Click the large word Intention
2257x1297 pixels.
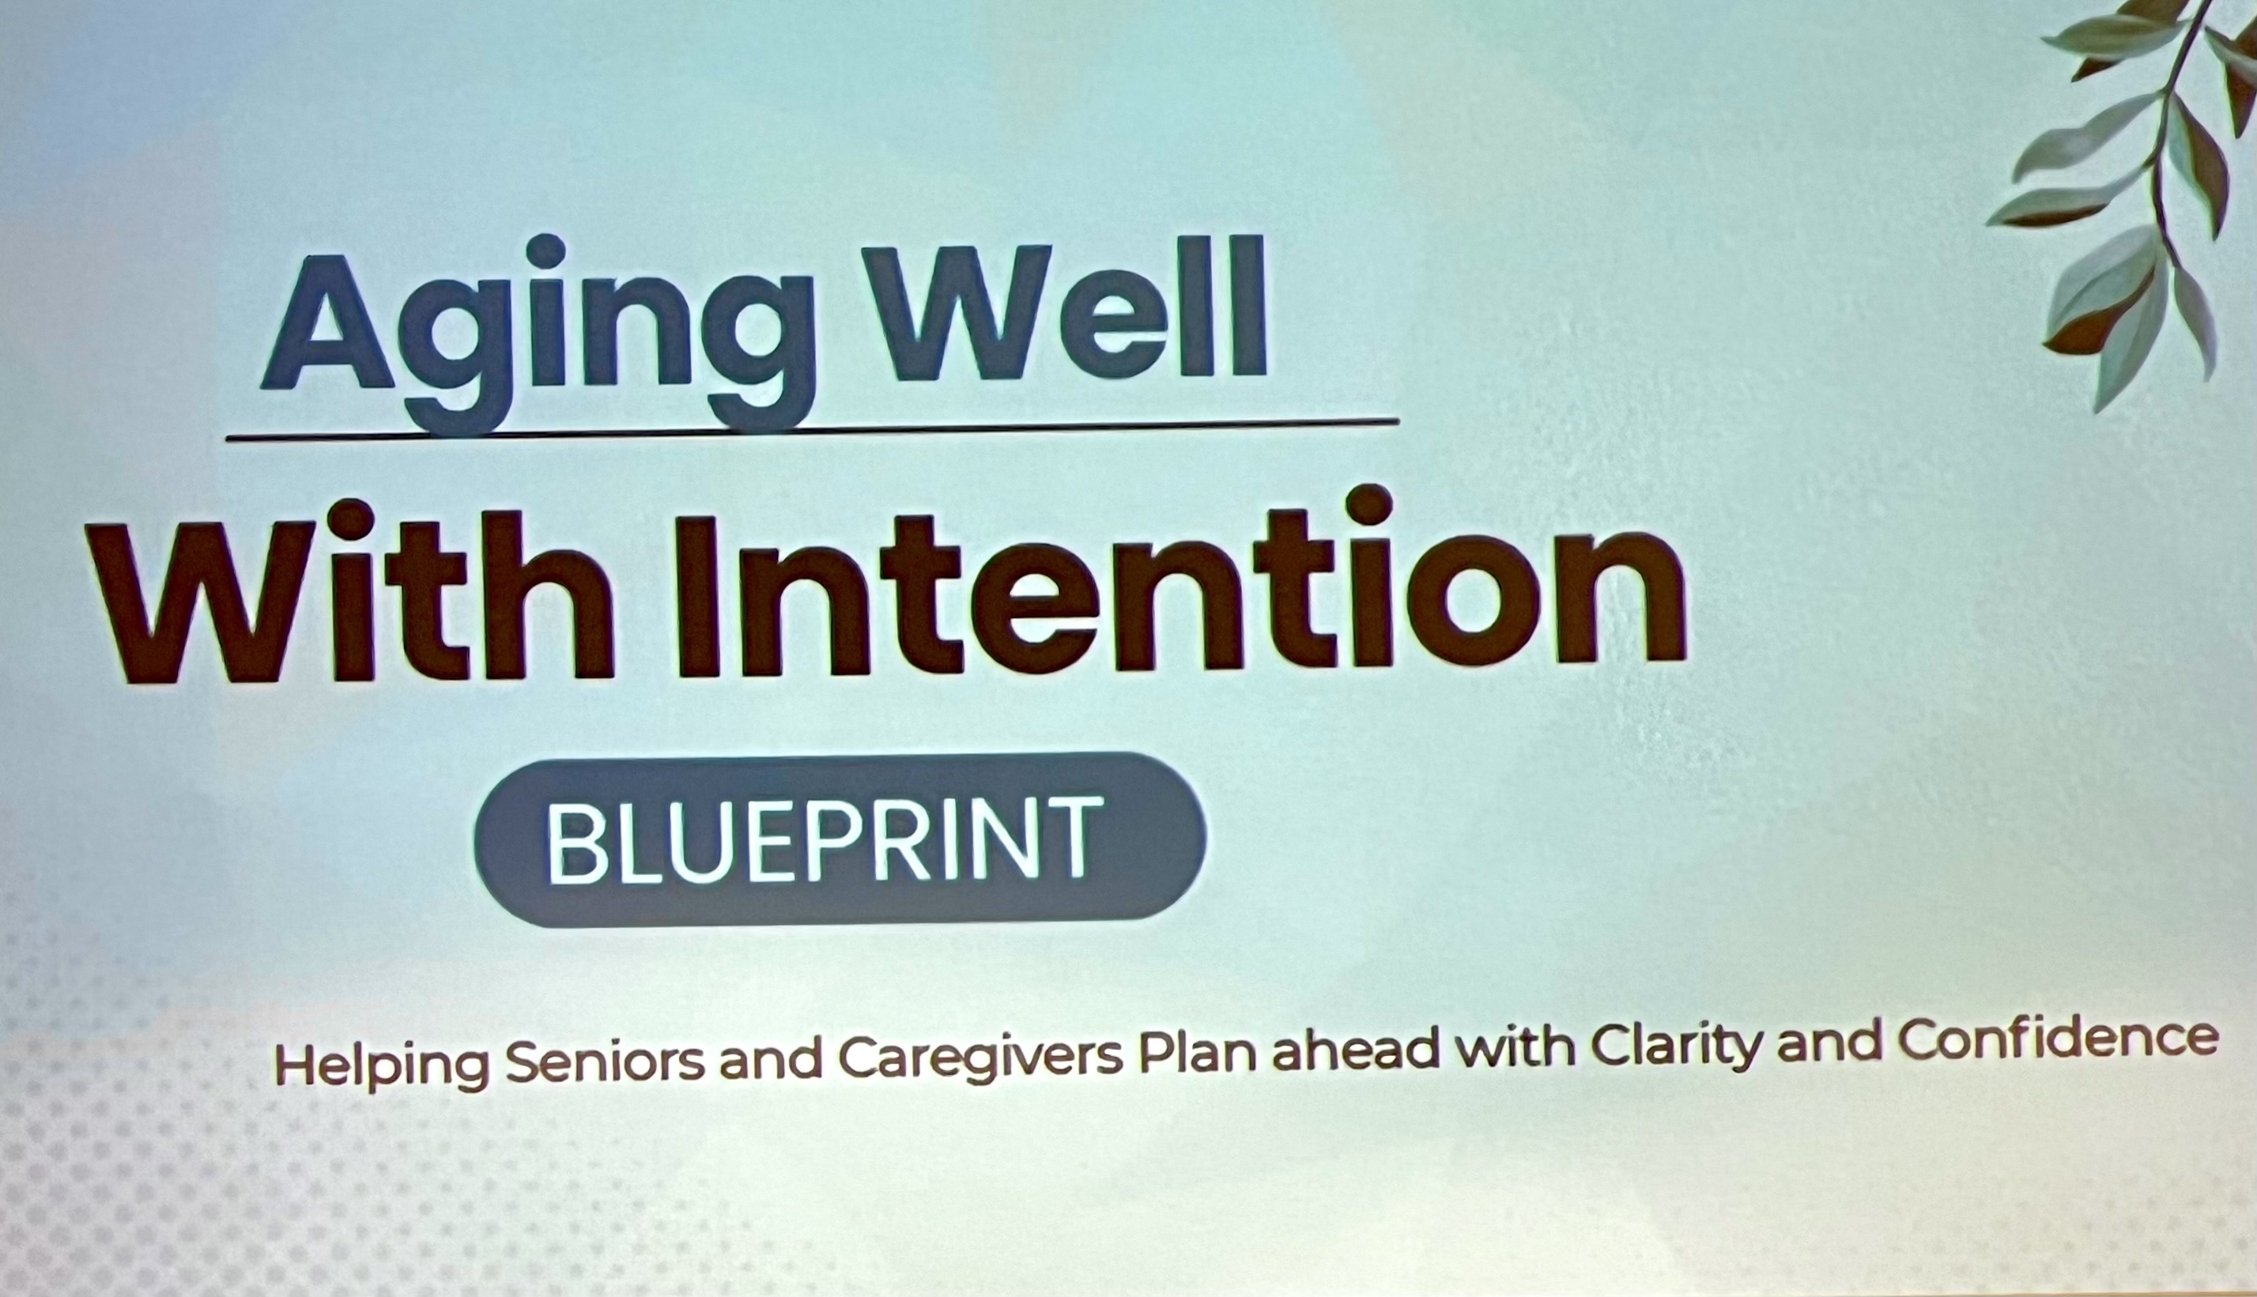click(x=1180, y=583)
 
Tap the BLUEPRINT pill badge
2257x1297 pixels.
click(x=840, y=839)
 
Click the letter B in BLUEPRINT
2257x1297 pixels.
click(x=575, y=840)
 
